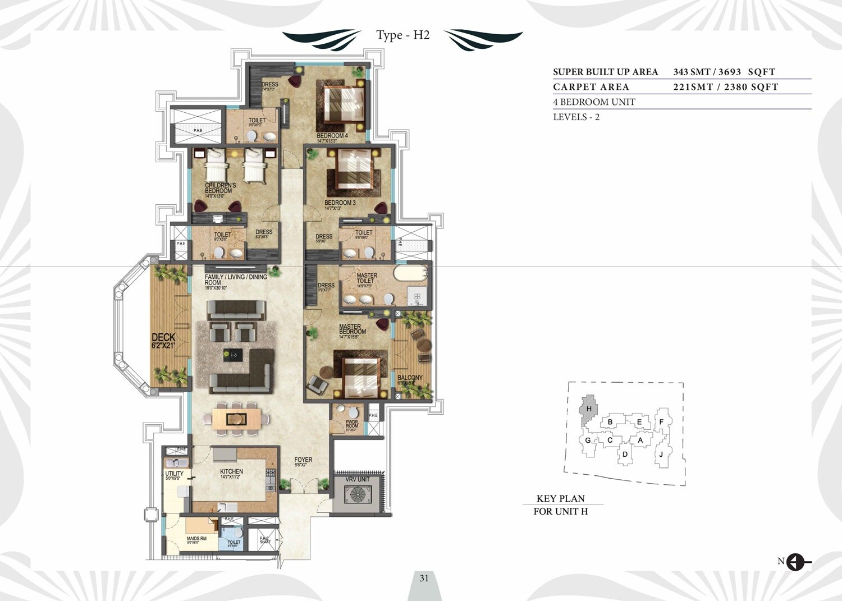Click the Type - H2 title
tap(402, 35)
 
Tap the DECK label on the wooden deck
tap(163, 338)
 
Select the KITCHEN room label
tap(231, 472)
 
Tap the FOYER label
tap(303, 460)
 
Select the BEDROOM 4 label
tap(332, 136)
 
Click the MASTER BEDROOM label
tap(353, 329)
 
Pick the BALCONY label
tap(410, 378)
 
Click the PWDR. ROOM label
tap(352, 423)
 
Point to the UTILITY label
tap(174, 474)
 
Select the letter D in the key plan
tap(625, 454)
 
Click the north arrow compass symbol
tap(795, 561)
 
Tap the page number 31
tap(424, 577)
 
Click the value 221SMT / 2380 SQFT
tap(725, 87)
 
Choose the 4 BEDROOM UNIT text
tap(594, 102)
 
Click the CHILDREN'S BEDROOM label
tap(220, 188)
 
